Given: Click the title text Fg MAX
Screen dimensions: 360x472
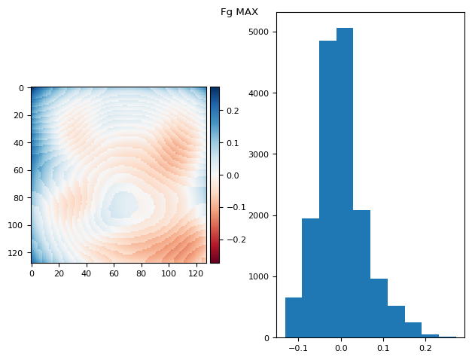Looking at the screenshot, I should pyautogui.click(x=239, y=12).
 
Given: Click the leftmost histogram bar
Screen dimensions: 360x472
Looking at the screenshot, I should pyautogui.click(x=294, y=317).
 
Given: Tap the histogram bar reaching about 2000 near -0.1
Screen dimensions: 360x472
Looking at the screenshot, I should pyautogui.click(x=310, y=278).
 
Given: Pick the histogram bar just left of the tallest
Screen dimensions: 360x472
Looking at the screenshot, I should pyautogui.click(x=327, y=189).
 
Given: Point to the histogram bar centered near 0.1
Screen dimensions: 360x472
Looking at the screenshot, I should pyautogui.click(x=379, y=308).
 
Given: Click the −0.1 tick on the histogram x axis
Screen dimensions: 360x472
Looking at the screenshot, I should pyautogui.click(x=299, y=349).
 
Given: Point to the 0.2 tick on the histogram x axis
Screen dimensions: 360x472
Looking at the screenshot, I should pyautogui.click(x=425, y=349).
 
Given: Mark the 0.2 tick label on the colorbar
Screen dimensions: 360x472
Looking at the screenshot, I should pyautogui.click(x=232, y=111).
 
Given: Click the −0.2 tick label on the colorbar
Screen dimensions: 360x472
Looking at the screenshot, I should pyautogui.click(x=235, y=239).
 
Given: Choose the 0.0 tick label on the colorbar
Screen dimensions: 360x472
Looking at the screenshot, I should pyautogui.click(x=232, y=175).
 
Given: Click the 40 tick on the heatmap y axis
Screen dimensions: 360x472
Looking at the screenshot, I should pyautogui.click(x=20, y=143).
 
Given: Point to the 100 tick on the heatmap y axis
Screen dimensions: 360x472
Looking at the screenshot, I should pyautogui.click(x=17, y=225).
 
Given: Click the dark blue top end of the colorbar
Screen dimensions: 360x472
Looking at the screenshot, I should pyautogui.click(x=215, y=90).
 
